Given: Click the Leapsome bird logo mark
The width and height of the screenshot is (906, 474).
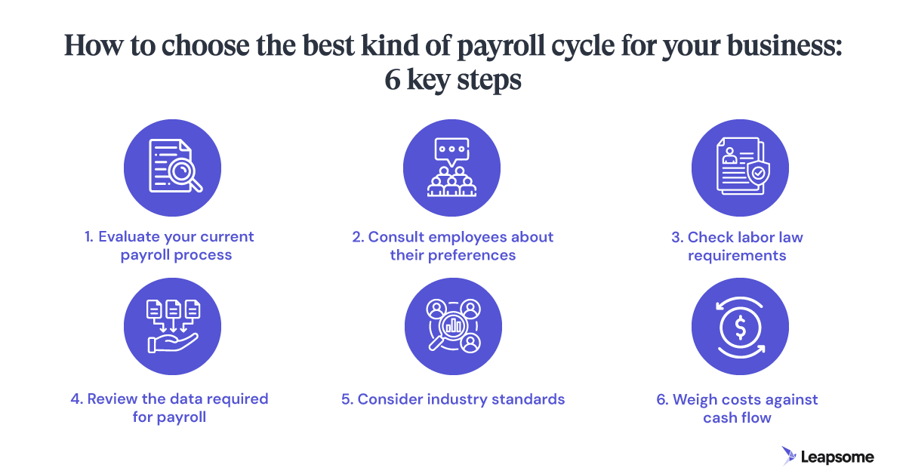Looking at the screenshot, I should coord(790,455).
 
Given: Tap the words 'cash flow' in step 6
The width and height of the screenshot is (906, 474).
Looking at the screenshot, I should coord(737,417).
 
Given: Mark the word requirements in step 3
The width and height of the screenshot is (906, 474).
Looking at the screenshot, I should coord(737,255).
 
